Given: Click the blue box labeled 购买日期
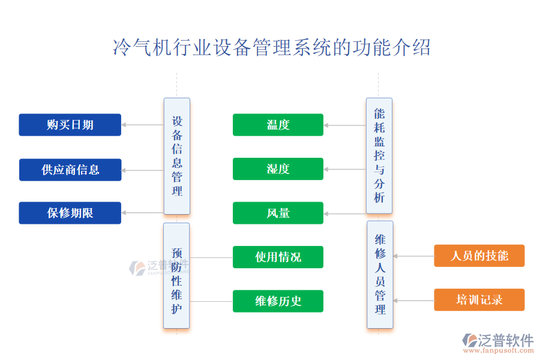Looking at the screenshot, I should (x=70, y=125).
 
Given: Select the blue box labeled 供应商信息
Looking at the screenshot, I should (x=70, y=170).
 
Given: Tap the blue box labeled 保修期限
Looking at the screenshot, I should (x=70, y=213).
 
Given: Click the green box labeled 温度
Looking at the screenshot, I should (x=278, y=125).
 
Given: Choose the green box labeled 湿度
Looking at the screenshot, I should (x=278, y=169).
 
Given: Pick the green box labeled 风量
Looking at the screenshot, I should (x=278, y=213).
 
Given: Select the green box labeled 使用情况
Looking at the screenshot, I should (x=278, y=257).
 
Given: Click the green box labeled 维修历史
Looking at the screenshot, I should (x=278, y=301).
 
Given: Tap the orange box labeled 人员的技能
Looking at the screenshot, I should (x=479, y=256).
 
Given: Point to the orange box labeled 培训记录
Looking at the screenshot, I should (x=479, y=299).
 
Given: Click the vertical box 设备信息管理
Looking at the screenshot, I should (x=176, y=156).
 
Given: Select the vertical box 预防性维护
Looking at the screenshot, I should (x=176, y=275).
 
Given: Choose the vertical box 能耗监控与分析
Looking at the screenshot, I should (x=379, y=155).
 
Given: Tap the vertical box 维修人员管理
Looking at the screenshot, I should (x=380, y=275).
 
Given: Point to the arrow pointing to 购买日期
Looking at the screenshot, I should (x=142, y=125).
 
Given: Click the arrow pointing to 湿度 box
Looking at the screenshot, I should (x=344, y=169).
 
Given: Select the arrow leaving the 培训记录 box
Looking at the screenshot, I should (x=413, y=300).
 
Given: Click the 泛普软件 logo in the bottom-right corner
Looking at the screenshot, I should (x=497, y=343).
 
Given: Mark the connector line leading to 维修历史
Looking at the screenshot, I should (x=211, y=301).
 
